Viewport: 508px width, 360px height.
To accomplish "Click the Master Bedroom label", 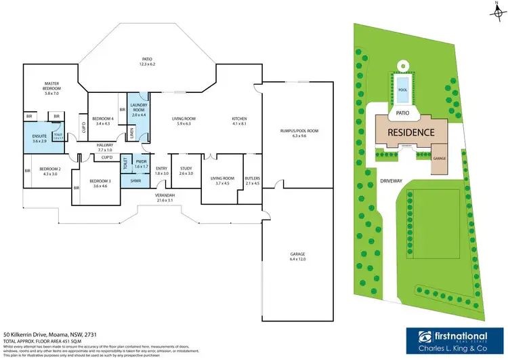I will tap(51, 89).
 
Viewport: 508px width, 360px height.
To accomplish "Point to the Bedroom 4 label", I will tap(103, 121).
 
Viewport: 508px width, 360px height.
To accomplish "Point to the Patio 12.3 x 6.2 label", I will tap(148, 61).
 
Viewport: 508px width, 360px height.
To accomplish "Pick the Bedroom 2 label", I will tap(50, 172).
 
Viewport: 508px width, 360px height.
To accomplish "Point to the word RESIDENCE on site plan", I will tap(410, 132).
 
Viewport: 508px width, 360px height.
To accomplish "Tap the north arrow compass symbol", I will tap(496, 10).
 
